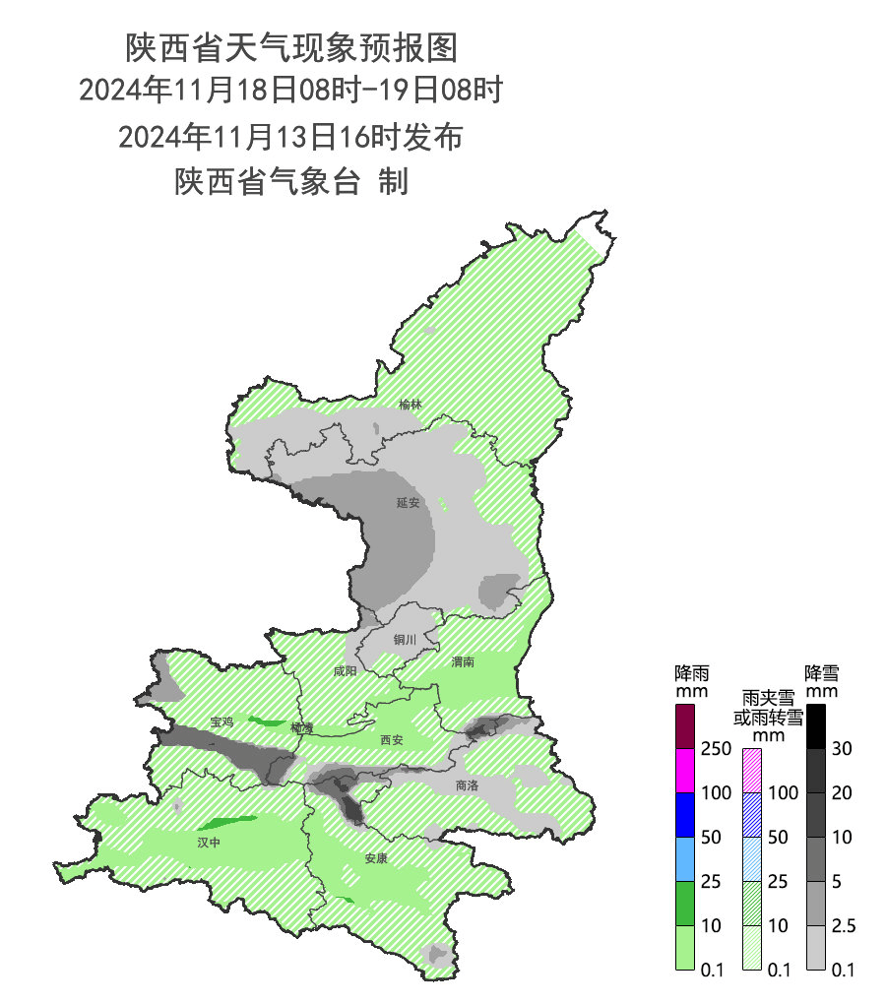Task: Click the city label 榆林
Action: (411, 405)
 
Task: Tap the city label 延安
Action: (409, 503)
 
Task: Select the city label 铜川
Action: (406, 640)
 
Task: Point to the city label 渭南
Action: (463, 662)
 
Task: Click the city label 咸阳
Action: (346, 671)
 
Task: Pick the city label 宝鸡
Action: (222, 722)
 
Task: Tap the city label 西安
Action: (392, 739)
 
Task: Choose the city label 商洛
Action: (468, 785)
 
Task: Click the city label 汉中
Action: (209, 843)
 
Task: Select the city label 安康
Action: (376, 858)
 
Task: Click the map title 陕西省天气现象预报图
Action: (291, 46)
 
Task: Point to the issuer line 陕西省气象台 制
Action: (291, 182)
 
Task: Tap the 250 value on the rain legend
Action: (716, 749)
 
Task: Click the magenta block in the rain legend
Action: (687, 771)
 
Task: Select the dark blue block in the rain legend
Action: (687, 815)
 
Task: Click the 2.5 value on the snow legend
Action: (843, 926)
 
